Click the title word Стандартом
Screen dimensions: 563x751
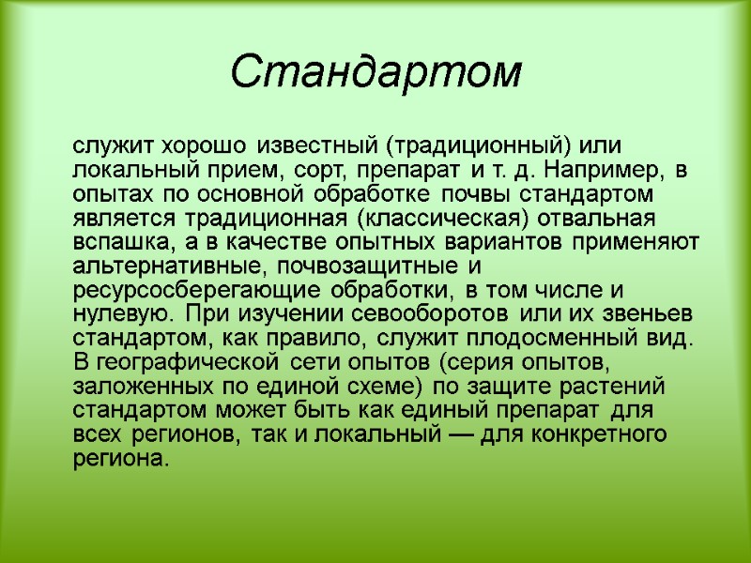pyautogui.click(x=375, y=71)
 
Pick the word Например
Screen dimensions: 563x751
pyautogui.click(x=590, y=172)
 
